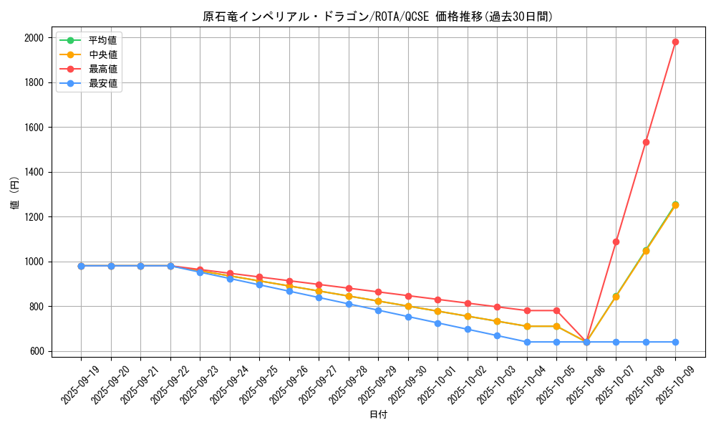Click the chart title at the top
click(x=378, y=16)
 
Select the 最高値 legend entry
click(x=102, y=69)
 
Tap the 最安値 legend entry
click(x=102, y=84)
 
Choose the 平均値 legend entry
click(x=102, y=39)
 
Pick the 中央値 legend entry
click(x=102, y=54)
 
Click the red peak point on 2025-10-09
click(x=675, y=42)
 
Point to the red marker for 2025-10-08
click(x=646, y=142)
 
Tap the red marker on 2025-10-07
click(x=616, y=242)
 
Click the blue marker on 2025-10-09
click(x=675, y=342)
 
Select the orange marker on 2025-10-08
click(x=646, y=251)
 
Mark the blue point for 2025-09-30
click(x=408, y=317)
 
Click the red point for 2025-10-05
click(x=556, y=310)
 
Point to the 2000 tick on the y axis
click(x=34, y=38)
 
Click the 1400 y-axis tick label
click(x=34, y=172)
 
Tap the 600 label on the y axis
click(x=37, y=351)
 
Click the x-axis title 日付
click(x=378, y=415)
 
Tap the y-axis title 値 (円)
click(x=15, y=194)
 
